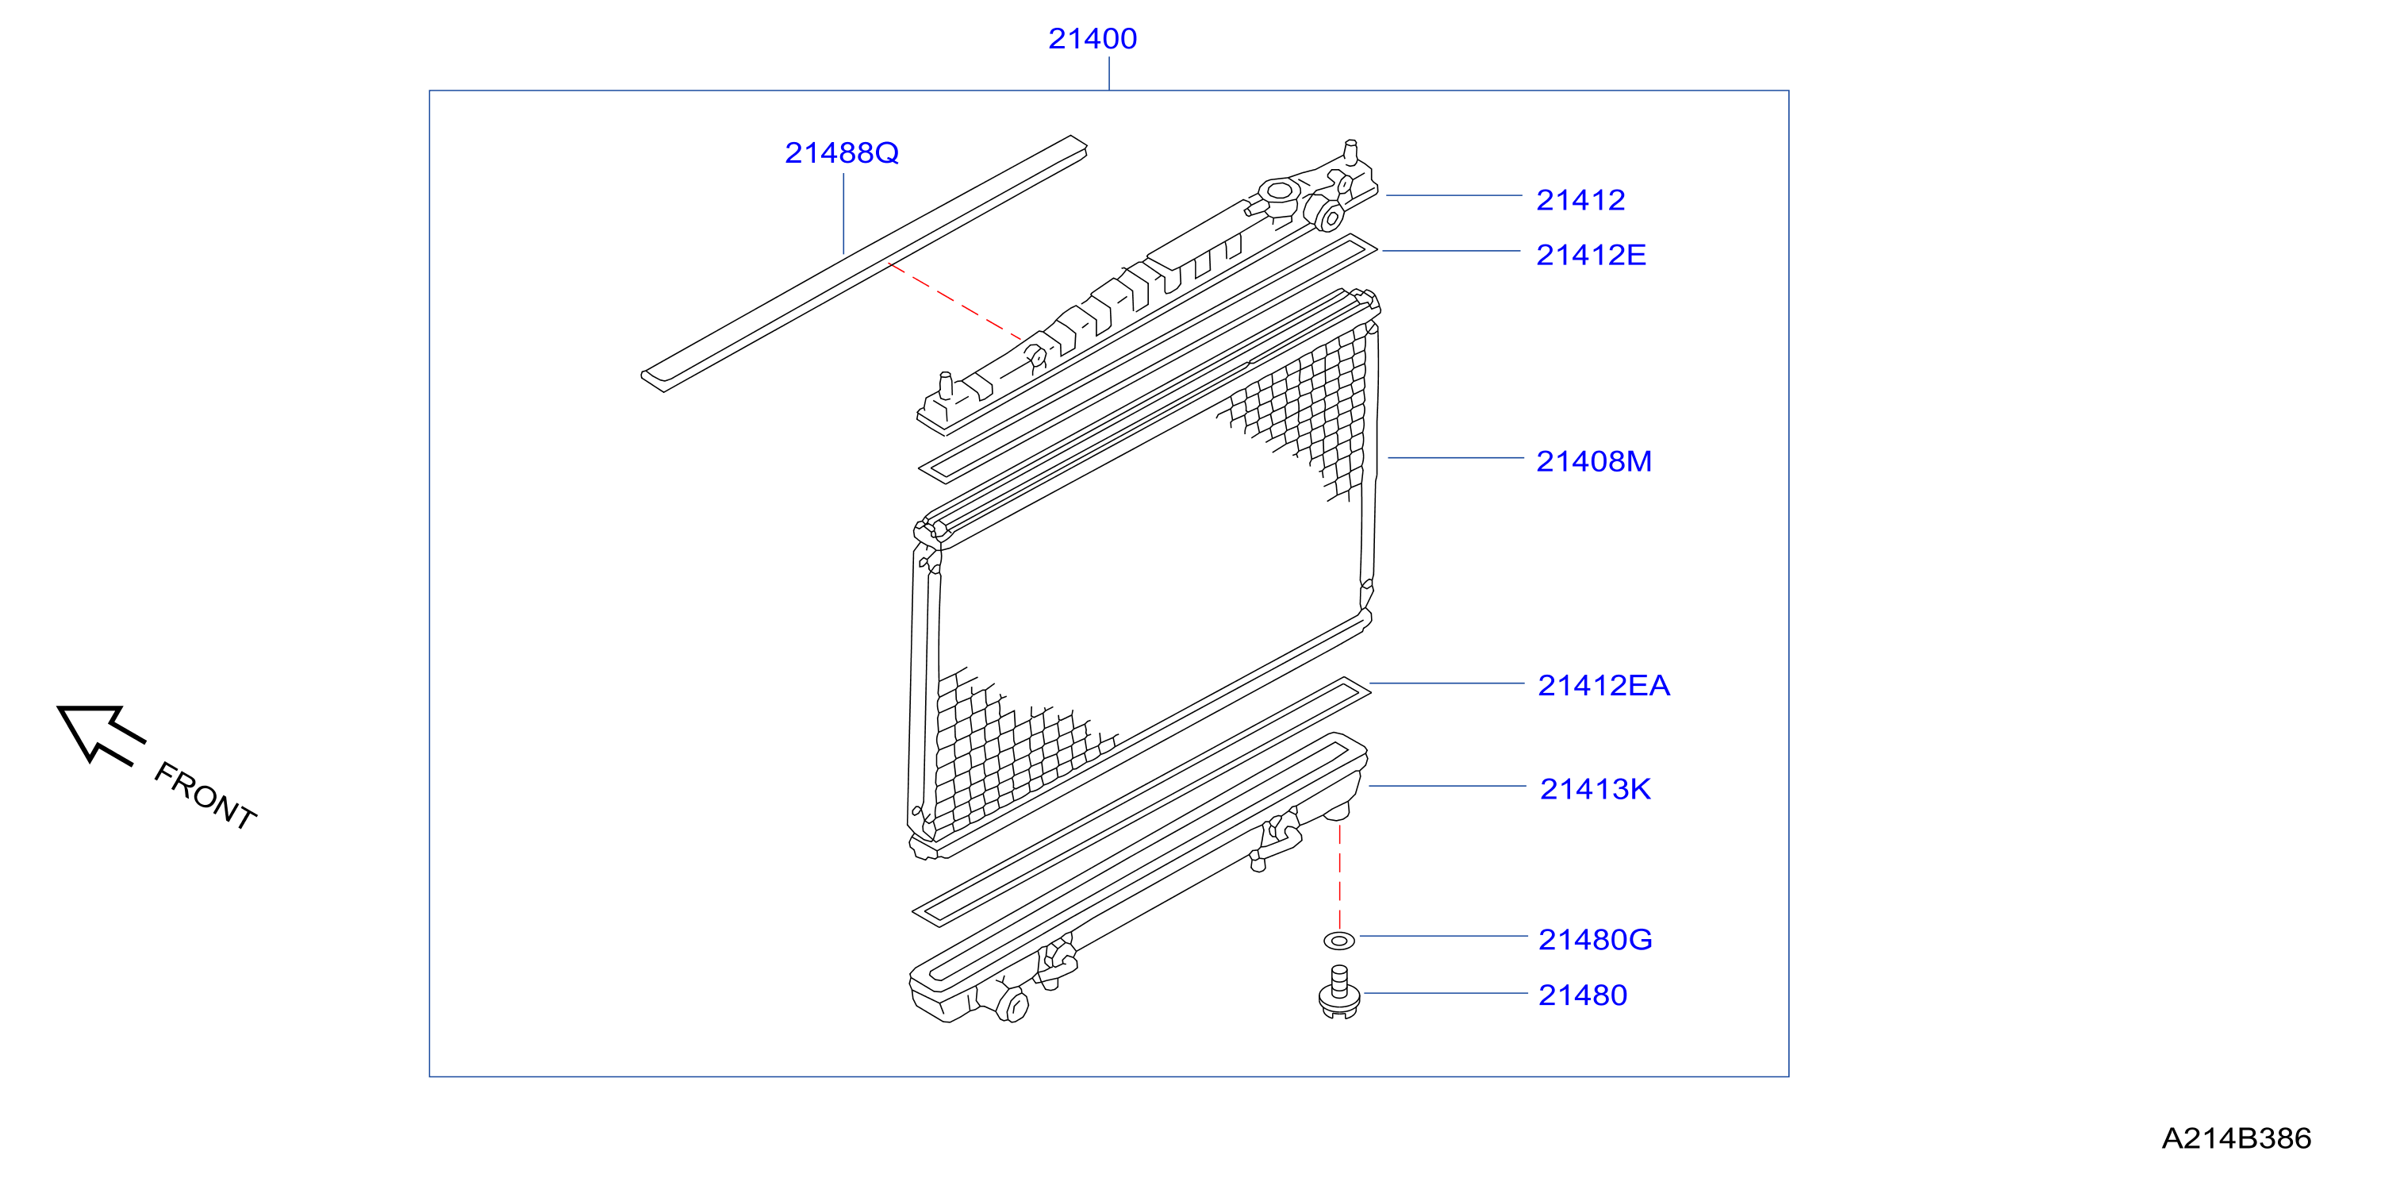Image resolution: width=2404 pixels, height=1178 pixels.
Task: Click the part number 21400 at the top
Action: click(x=1092, y=39)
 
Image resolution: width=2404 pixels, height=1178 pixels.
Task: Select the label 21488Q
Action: click(x=842, y=153)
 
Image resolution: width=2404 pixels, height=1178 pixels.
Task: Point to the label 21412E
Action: click(x=1591, y=255)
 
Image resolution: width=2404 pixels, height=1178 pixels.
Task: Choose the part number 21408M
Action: click(x=1594, y=461)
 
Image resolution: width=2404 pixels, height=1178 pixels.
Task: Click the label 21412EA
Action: click(x=1603, y=686)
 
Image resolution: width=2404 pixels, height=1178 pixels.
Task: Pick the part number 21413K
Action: click(x=1595, y=790)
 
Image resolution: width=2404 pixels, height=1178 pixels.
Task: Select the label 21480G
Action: click(x=1595, y=940)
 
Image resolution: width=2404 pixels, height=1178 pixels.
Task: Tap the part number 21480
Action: click(x=1583, y=996)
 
